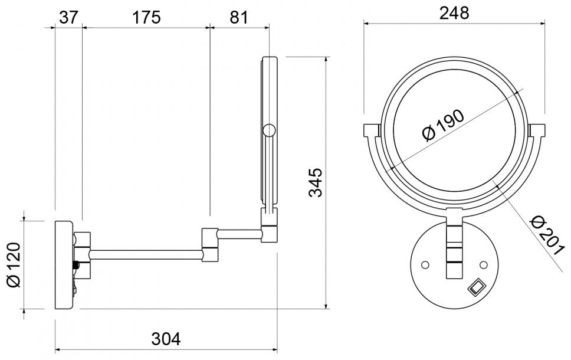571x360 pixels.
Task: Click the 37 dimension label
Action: point(68,17)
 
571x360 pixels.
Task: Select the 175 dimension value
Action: point(146,17)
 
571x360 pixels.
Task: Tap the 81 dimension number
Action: point(238,17)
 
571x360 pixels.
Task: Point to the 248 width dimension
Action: point(454,13)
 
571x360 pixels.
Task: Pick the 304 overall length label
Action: point(166,339)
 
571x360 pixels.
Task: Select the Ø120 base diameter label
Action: point(14,264)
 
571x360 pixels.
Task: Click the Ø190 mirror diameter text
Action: point(444,125)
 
